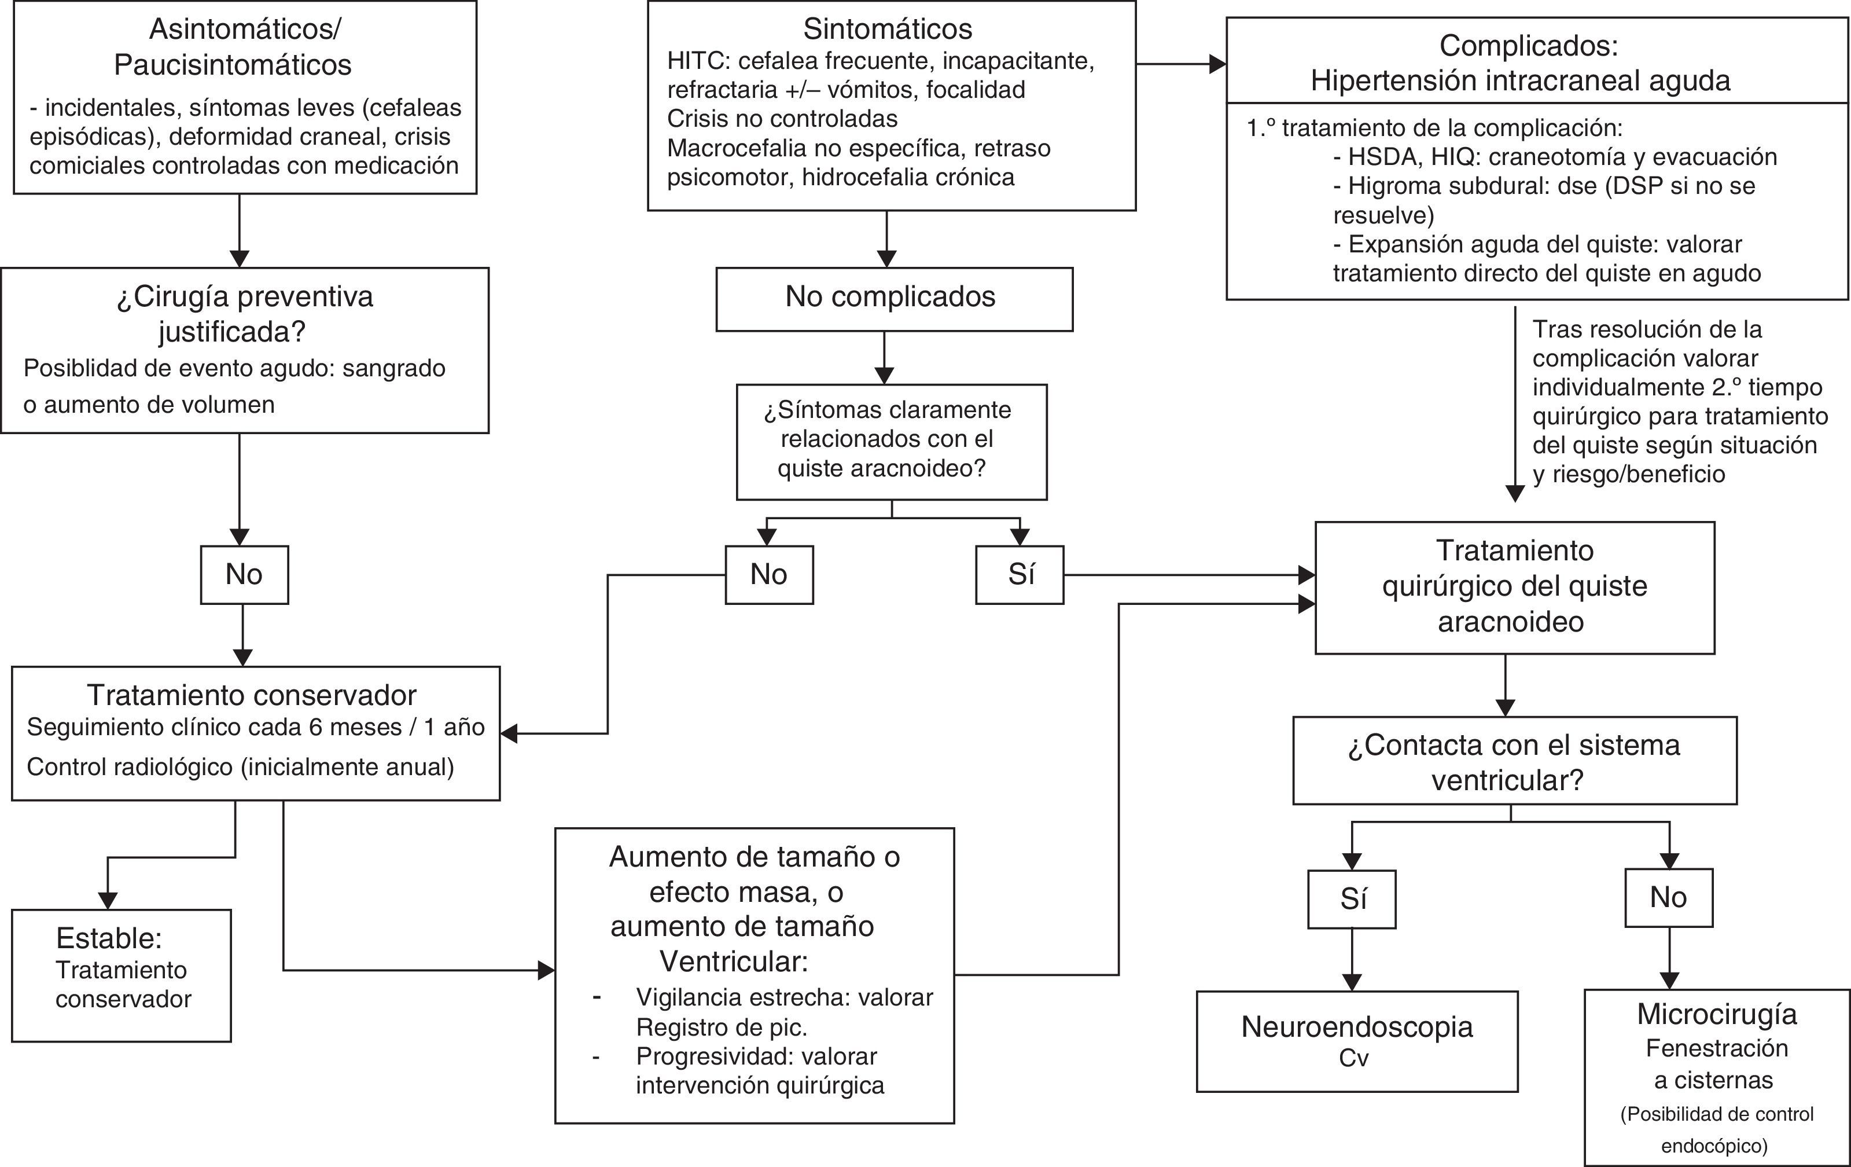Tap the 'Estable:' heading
tap(108, 939)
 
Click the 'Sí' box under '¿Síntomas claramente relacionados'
tap(1020, 575)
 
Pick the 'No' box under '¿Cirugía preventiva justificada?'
tap(244, 575)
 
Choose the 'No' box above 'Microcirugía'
tap(1668, 898)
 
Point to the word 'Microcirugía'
tap(1717, 1015)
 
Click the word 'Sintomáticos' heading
tap(887, 29)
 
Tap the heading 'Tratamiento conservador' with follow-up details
tap(251, 695)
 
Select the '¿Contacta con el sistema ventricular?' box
tap(1514, 762)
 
